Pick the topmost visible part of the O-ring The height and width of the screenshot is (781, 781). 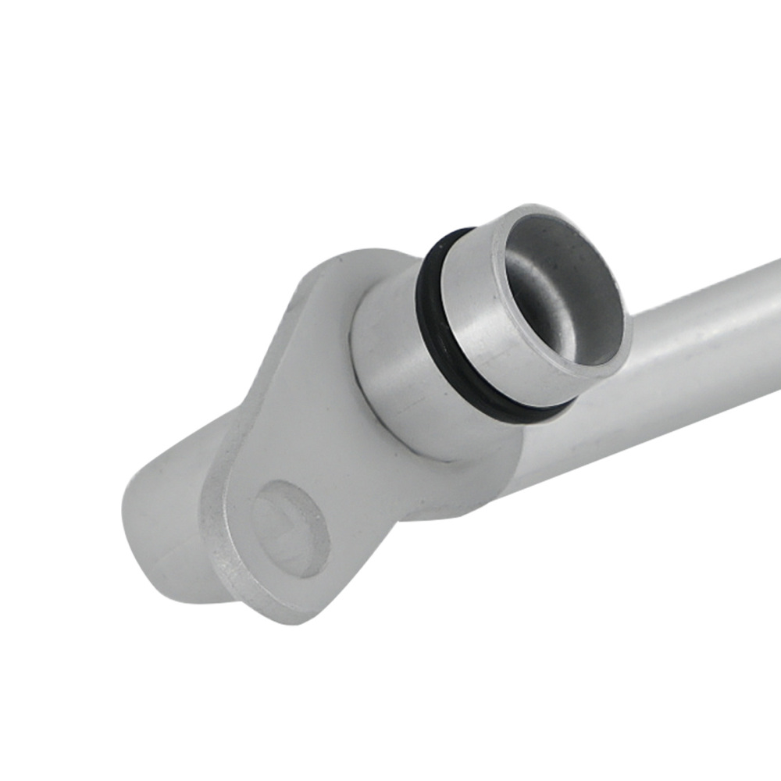point(453,234)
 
